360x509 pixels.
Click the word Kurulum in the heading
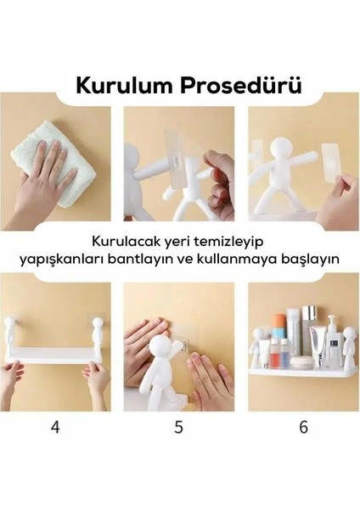tap(124, 86)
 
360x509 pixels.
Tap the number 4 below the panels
tap(55, 428)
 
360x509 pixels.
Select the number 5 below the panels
tap(178, 428)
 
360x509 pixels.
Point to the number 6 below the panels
tap(303, 428)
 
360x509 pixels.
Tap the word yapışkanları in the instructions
tap(61, 260)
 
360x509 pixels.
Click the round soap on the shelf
tap(302, 362)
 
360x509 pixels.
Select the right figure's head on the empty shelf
tap(97, 325)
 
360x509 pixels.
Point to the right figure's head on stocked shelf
tap(350, 333)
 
